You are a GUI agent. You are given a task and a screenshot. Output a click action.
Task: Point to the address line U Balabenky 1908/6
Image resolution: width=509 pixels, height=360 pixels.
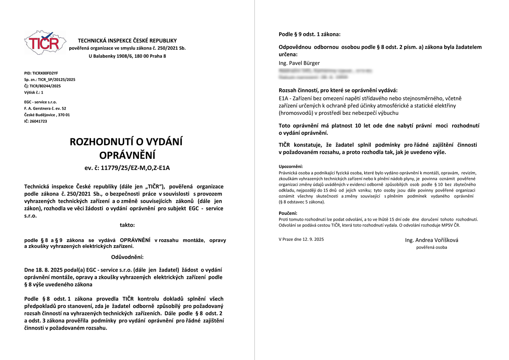(127, 56)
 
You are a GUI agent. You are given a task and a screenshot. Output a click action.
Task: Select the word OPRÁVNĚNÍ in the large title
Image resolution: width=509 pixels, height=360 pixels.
(127, 155)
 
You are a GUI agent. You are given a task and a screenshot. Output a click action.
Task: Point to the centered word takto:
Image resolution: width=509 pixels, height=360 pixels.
(127, 225)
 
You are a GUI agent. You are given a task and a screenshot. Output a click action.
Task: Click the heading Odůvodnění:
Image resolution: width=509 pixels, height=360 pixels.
(127, 257)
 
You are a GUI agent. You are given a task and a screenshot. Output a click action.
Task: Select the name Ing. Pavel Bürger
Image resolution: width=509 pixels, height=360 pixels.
(299, 63)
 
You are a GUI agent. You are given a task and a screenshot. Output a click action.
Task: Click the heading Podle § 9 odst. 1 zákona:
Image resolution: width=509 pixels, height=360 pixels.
(309, 34)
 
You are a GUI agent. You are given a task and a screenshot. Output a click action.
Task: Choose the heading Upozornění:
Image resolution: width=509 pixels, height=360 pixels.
(291, 166)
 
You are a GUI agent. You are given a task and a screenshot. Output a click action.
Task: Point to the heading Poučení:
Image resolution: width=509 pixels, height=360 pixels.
(288, 213)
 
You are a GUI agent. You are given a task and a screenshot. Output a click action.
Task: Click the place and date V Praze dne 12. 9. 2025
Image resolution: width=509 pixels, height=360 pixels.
(301, 239)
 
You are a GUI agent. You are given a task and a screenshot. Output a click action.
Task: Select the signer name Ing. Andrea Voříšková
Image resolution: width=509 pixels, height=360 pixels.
(431, 240)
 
